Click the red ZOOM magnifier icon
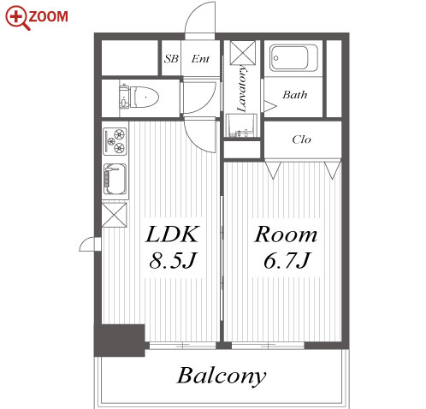[x=17, y=18]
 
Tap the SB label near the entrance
[x=171, y=59]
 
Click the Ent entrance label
[x=200, y=59]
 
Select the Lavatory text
[x=242, y=88]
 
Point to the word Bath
[x=295, y=95]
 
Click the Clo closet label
[x=301, y=139]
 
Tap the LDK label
[x=172, y=234]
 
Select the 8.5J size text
[x=173, y=260]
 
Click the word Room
[x=286, y=234]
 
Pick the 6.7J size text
[x=287, y=260]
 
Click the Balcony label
[x=222, y=376]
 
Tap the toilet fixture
[x=139, y=98]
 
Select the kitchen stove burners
[x=115, y=141]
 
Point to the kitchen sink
[x=115, y=179]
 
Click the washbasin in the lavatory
[x=242, y=126]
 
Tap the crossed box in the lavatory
[x=243, y=53]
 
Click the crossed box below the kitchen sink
[x=114, y=215]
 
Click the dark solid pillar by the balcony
[x=120, y=341]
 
